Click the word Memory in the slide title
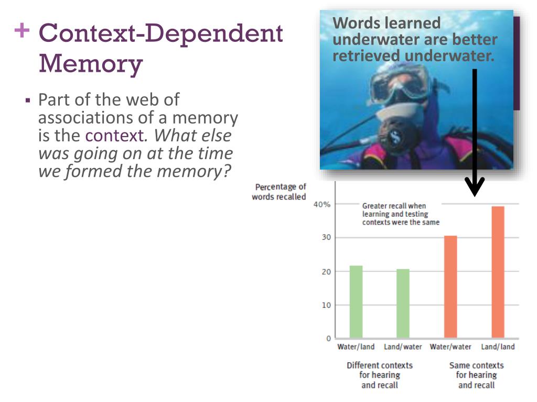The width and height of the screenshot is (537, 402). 90,64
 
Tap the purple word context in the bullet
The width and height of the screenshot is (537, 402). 114,136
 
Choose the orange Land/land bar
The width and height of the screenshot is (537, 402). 498,272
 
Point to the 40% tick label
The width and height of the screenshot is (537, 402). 322,204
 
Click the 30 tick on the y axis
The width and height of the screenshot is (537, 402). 326,238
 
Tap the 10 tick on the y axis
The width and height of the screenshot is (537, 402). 326,305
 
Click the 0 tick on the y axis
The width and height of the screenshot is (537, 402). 328,338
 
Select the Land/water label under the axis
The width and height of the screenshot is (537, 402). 403,347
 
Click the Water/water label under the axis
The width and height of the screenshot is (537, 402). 450,347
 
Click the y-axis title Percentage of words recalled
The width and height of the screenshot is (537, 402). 280,192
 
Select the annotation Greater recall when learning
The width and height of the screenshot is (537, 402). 401,214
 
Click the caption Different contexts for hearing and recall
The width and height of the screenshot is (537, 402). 380,375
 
